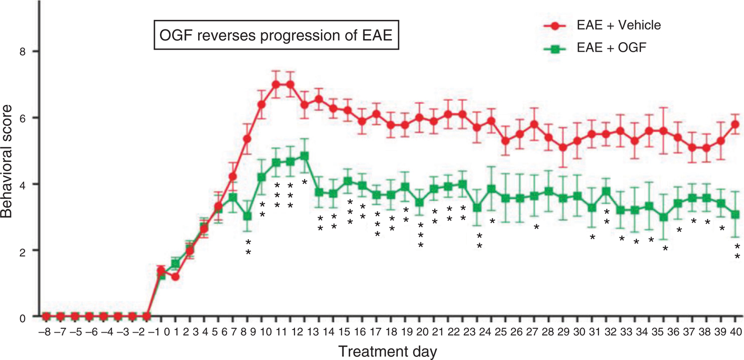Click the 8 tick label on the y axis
(22, 51)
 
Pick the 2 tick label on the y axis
(22, 250)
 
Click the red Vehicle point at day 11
(276, 84)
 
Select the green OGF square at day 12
(305, 156)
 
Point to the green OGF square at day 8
(247, 216)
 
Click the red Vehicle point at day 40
(736, 124)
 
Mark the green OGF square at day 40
(736, 215)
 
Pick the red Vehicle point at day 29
(563, 148)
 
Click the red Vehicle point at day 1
(175, 276)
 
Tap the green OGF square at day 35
(664, 217)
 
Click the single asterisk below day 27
(536, 227)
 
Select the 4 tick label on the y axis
(22, 184)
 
